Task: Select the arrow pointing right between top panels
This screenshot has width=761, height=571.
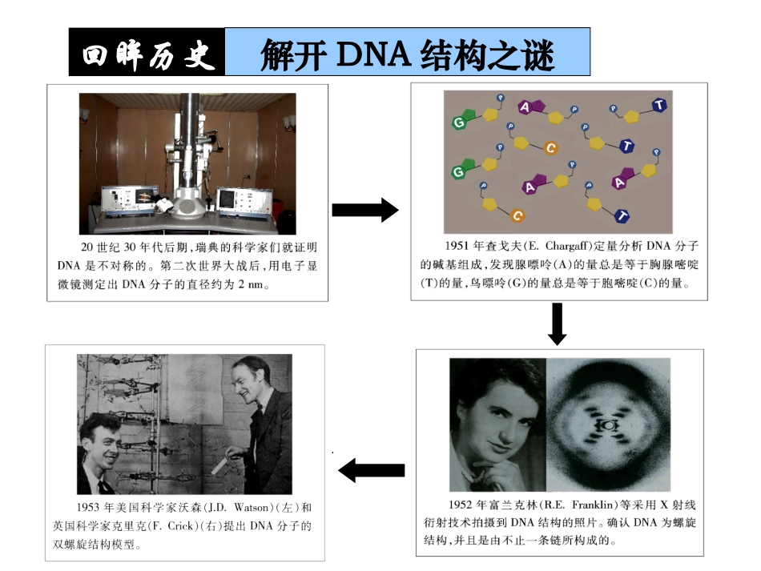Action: point(364,211)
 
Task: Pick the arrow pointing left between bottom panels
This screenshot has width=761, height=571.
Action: point(371,470)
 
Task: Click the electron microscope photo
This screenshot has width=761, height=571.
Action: point(187,163)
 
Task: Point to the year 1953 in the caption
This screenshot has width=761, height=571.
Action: point(91,509)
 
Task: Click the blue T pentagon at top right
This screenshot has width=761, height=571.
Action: point(658,105)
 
